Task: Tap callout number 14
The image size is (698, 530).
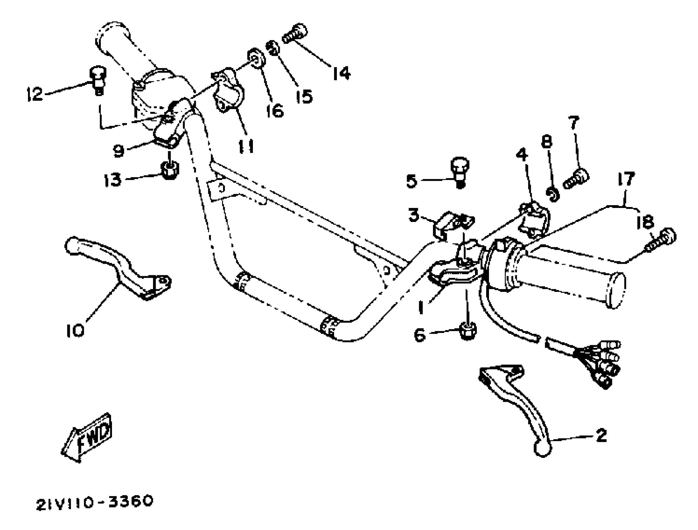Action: [x=342, y=74]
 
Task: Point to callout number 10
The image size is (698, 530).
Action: [x=75, y=331]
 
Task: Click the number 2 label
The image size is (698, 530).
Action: [x=601, y=436]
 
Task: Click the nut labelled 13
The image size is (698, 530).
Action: [x=170, y=170]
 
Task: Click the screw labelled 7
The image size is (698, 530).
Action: [x=576, y=179]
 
